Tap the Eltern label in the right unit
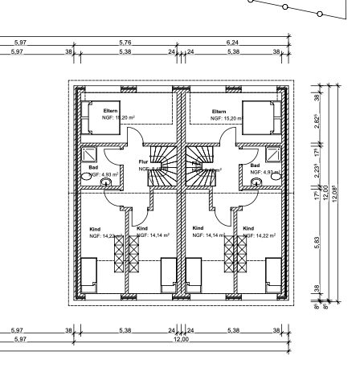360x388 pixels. [x=219, y=111]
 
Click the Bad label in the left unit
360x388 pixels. [x=92, y=167]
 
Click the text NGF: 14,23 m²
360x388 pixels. [x=106, y=235]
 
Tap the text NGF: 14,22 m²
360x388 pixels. [x=260, y=235]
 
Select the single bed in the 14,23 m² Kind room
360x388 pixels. [x=90, y=276]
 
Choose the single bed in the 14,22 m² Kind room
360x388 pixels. [x=273, y=276]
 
